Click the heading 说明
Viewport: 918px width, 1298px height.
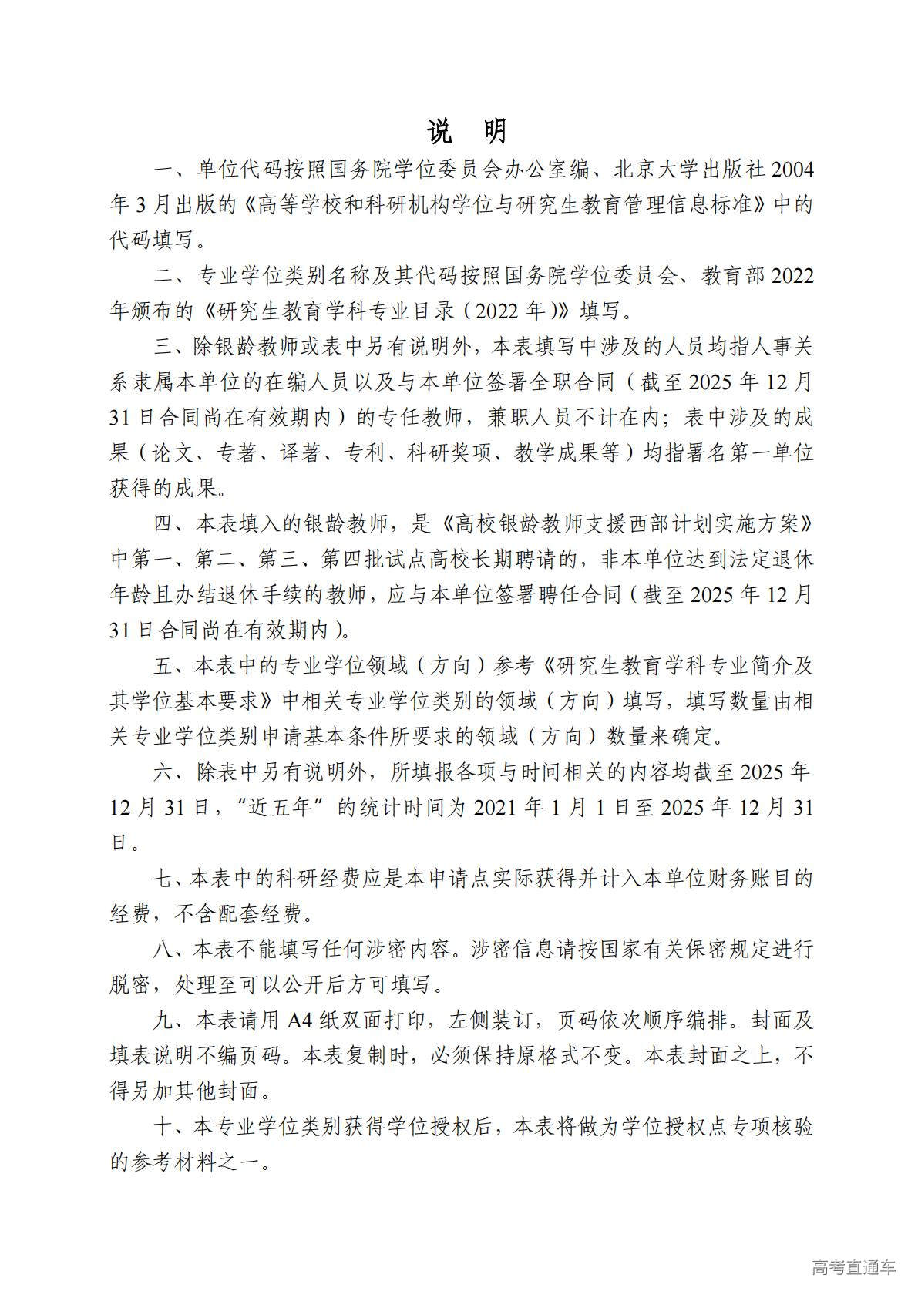[466, 132]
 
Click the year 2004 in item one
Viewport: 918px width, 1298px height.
[792, 170]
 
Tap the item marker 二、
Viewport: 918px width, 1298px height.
[172, 276]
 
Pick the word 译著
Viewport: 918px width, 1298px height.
[300, 452]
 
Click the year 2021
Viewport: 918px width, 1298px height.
[494, 807]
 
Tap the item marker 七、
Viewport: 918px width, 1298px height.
[170, 879]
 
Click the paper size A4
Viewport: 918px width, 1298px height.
[302, 1021]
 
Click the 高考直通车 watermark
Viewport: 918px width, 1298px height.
[853, 1267]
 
